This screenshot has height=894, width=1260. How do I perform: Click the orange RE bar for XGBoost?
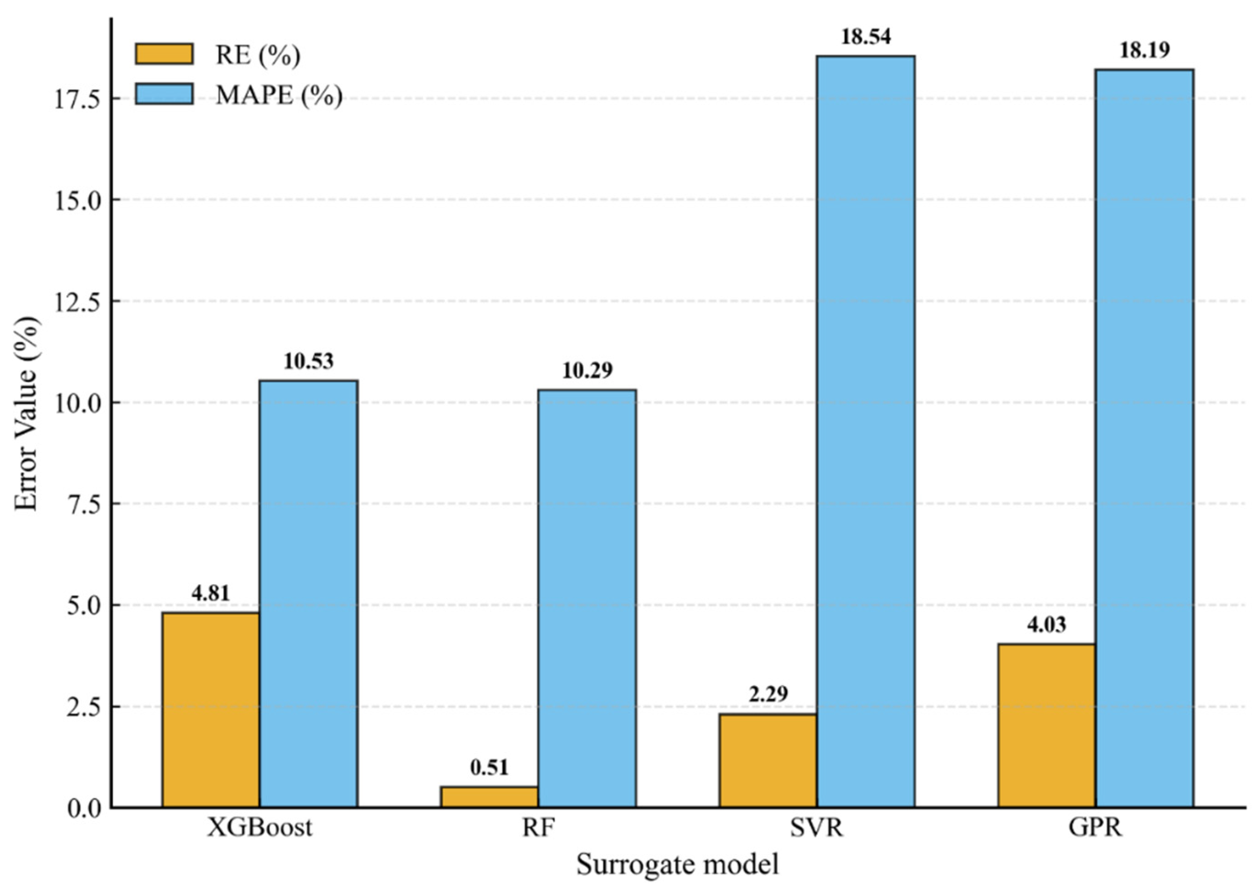[x=211, y=710]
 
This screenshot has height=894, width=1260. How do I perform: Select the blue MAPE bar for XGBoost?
[x=309, y=594]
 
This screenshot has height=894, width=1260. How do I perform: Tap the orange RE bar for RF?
[x=489, y=797]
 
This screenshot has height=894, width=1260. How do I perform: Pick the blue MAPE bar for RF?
[x=587, y=599]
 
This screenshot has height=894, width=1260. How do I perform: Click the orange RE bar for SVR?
[x=768, y=761]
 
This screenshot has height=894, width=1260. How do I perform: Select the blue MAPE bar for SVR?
[x=866, y=432]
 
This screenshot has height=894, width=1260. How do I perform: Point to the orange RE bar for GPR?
[x=1047, y=726]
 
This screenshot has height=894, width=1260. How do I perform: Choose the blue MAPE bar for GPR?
[x=1144, y=439]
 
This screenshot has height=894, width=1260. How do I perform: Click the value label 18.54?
[x=866, y=37]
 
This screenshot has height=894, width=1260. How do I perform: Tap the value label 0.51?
[x=489, y=767]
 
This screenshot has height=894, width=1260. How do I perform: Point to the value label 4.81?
[x=211, y=593]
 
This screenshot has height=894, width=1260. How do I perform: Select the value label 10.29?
[x=587, y=371]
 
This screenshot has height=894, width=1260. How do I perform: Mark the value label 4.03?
[x=1047, y=625]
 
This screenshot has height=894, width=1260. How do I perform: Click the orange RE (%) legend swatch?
[x=164, y=54]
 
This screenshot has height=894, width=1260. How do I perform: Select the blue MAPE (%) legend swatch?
[x=164, y=94]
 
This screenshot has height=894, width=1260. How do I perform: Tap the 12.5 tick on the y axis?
[x=78, y=301]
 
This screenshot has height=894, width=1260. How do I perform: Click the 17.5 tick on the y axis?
[x=78, y=99]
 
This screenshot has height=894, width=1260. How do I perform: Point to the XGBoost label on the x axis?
[x=260, y=827]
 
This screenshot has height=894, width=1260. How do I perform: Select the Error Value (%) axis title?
[x=26, y=414]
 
